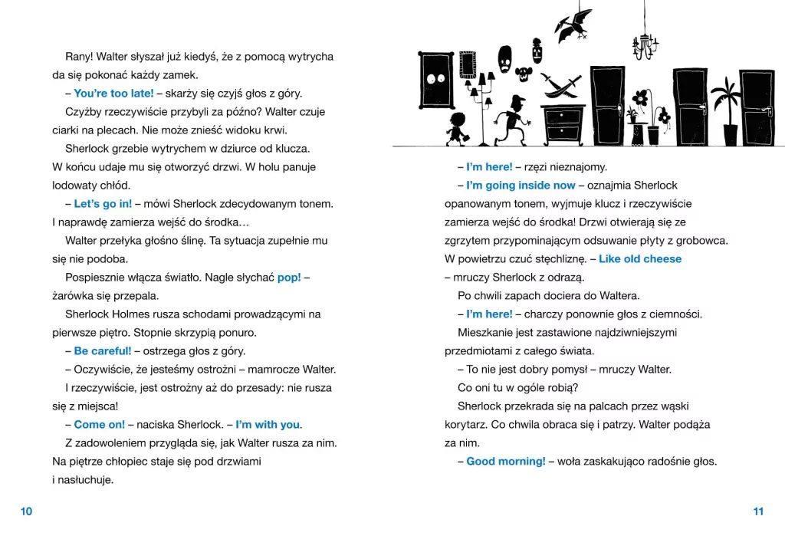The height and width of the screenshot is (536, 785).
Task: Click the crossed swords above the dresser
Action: pos(562,86)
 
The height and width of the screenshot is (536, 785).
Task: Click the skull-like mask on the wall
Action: pos(505,58)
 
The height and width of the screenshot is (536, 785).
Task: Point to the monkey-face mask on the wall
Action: pos(524,75)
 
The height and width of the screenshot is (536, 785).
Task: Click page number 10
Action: pos(26,511)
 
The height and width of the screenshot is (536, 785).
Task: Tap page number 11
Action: pos(758,511)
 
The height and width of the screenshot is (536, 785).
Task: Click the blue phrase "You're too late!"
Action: pos(113,94)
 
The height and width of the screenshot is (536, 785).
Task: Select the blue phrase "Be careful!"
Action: pos(103,351)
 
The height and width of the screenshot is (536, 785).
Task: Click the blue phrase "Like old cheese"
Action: pos(640,259)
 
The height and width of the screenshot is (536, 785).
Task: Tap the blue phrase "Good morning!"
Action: pos(506,462)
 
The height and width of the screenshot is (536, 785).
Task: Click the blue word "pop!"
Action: pos(289,278)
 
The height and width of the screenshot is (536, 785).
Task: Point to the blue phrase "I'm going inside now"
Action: pos(521,186)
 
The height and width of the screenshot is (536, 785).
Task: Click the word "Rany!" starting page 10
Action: pos(80,57)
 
